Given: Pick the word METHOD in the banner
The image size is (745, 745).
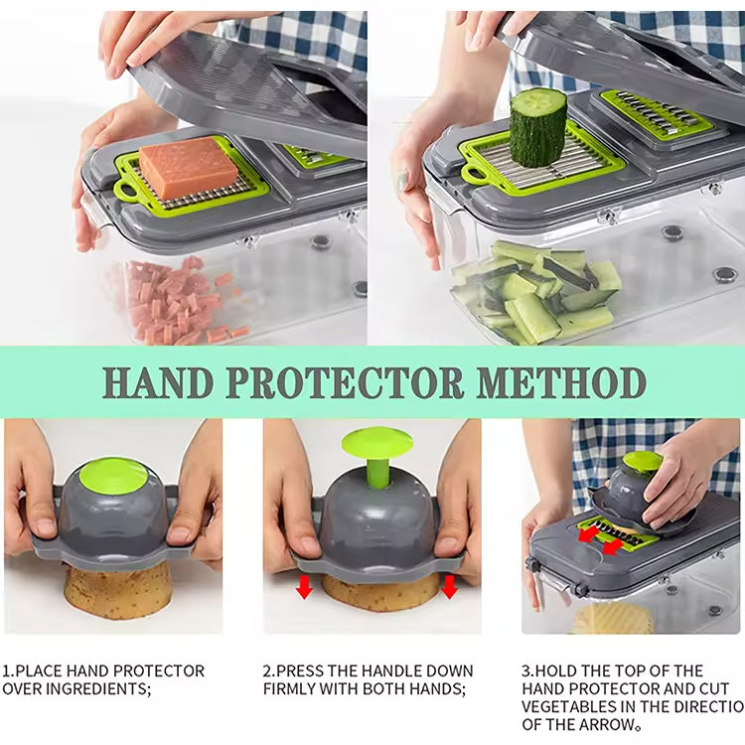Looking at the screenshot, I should (562, 381).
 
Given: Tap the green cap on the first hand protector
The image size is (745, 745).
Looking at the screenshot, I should (112, 474).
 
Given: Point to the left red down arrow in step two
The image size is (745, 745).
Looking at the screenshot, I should (304, 587).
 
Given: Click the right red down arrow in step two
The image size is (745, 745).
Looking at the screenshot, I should (449, 587).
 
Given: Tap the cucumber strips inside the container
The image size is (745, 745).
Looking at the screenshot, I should (536, 293).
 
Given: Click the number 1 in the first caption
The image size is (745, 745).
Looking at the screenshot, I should (7, 670).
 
